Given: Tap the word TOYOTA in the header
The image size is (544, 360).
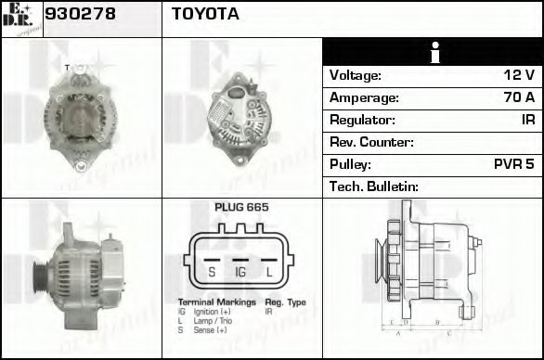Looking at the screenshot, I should pos(205,14).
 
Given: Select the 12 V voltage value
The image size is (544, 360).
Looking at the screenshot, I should pos(519,74).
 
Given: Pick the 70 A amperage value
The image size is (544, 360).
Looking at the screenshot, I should pos(518,96).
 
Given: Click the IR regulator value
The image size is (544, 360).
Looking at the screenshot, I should pos(527,120).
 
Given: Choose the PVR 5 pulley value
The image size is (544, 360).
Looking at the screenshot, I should pos(513,164).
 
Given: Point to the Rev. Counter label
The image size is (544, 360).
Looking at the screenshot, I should pos(371,142).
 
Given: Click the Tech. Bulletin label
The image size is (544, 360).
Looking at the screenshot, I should pos(374,186).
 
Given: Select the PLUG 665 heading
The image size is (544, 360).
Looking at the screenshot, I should pos(241,207).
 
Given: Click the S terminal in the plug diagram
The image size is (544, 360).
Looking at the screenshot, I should pos(212,272).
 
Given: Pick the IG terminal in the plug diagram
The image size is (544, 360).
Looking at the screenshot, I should pos(240,272).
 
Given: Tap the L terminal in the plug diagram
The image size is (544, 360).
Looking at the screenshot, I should pos(269,272).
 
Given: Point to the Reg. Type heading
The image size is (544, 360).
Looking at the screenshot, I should pos(286,302).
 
